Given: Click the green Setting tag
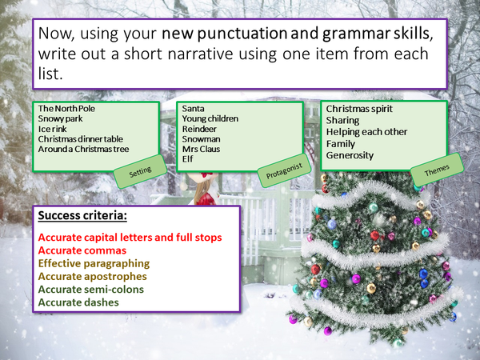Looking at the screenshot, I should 146,170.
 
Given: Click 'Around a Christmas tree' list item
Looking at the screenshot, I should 84,150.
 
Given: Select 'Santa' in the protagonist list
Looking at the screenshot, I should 194,108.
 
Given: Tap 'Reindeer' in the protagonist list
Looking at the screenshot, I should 199,129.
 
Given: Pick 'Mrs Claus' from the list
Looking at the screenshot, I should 203,149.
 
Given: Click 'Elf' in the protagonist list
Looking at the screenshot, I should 188,159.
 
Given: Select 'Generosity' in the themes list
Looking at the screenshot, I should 350,155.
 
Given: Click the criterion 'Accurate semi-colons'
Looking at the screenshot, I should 94,290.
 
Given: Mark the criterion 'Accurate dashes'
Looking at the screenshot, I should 79,302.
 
